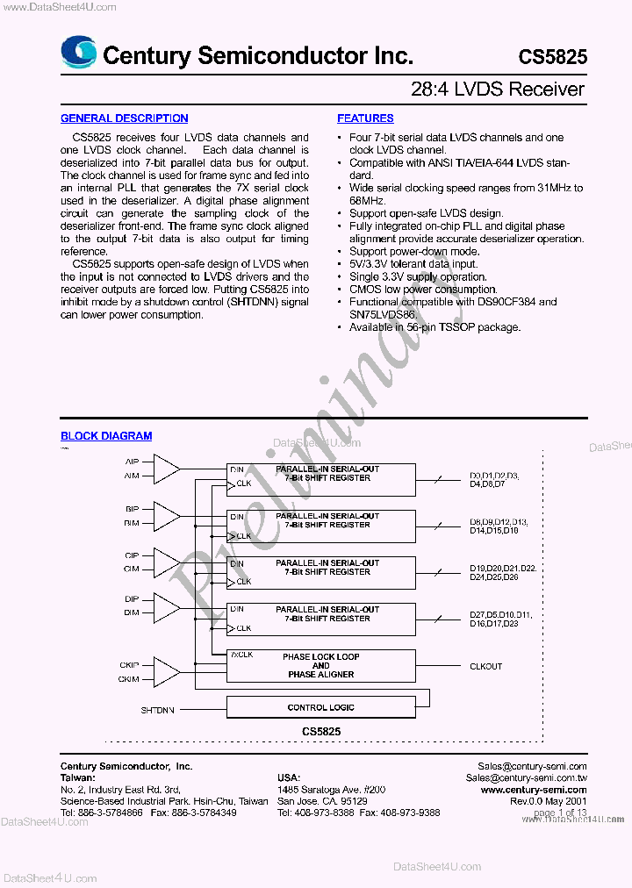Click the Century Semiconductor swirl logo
pos(78,53)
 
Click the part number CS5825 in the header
pos(552,57)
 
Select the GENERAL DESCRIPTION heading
pos(124,118)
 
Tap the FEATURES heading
pos(365,118)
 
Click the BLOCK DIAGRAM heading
pos(106,436)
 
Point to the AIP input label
pos(132,462)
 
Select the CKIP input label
pos(130,665)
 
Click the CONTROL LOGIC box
pos(320,707)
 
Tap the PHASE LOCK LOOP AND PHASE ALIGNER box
pos(320,666)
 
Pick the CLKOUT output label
pos(485,666)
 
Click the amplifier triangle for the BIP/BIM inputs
pos(166,515)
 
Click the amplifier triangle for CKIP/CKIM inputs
pos(166,671)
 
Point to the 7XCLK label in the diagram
pos(241,655)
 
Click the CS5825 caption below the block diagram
pos(320,730)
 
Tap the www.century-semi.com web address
pos(534,790)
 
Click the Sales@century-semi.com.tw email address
pos(526,778)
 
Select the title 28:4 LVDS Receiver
pos(498,90)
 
